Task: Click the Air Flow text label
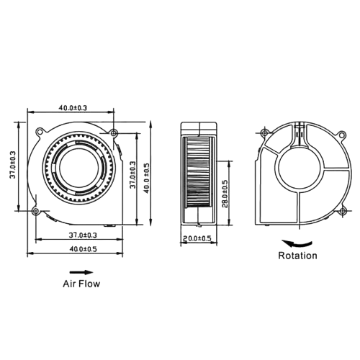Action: [81, 284]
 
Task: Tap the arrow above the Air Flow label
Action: [81, 271]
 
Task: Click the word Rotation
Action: [297, 256]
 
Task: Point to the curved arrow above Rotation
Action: [297, 243]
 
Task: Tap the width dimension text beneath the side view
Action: [196, 237]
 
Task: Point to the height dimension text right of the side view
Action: [225, 193]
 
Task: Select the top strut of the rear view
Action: [297, 134]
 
